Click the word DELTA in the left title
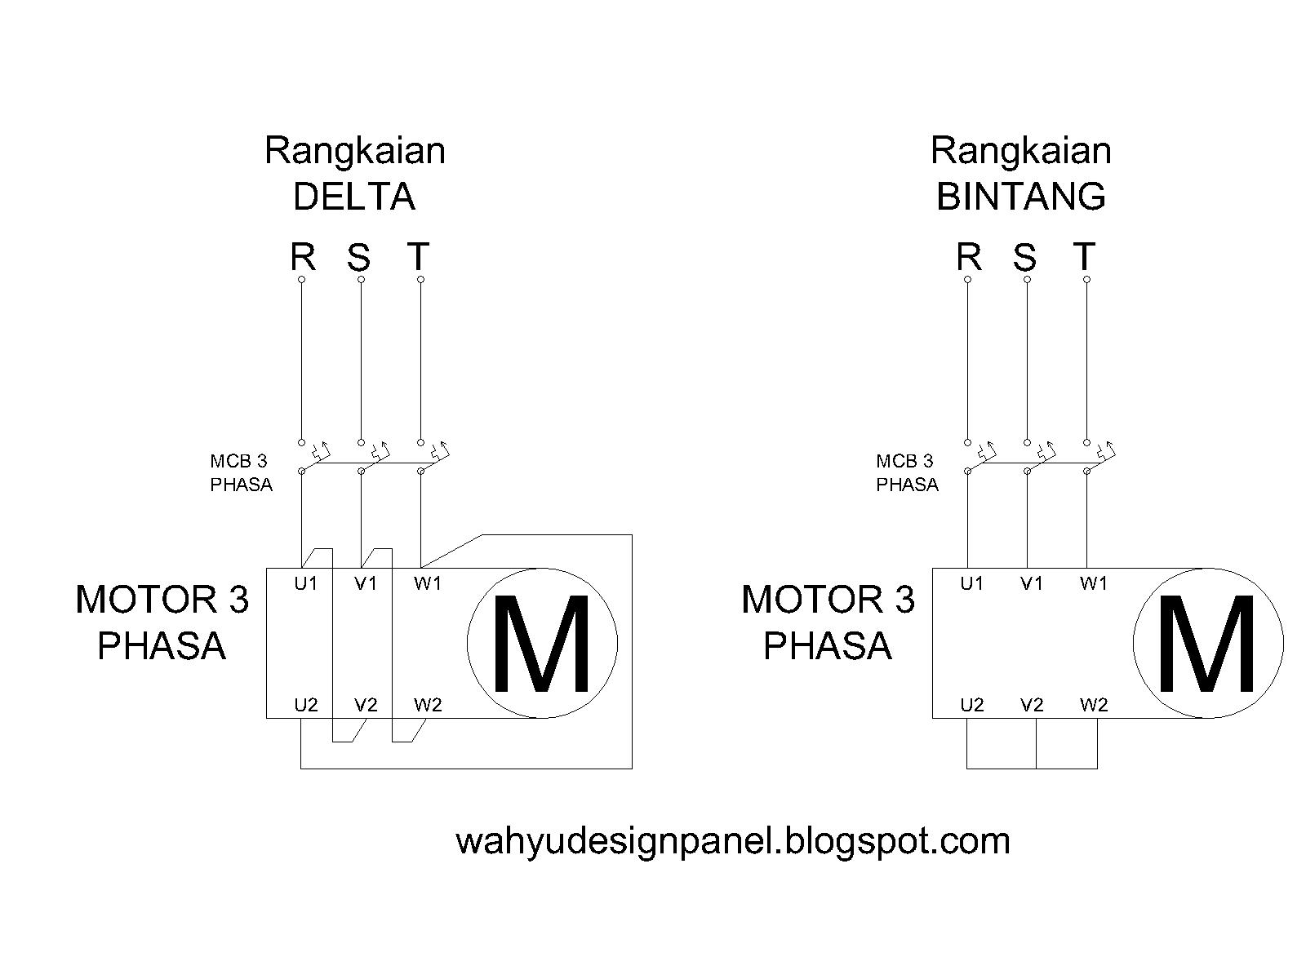point(353,197)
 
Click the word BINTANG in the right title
point(1020,197)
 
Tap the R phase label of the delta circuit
point(303,257)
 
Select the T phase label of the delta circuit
point(418,257)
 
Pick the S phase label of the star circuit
point(1024,259)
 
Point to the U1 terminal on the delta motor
point(305,583)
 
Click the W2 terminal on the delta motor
point(427,705)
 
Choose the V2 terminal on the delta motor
point(366,705)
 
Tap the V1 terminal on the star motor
point(1032,583)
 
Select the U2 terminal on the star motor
point(971,705)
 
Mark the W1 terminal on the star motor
point(1093,583)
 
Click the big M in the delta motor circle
point(541,644)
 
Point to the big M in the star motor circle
point(1207,644)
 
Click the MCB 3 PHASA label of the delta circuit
point(241,472)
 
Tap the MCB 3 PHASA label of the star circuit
point(907,472)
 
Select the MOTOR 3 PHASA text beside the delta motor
point(162,622)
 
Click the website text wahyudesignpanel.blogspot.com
point(732,840)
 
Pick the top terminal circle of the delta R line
point(301,279)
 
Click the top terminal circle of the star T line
point(1086,279)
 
